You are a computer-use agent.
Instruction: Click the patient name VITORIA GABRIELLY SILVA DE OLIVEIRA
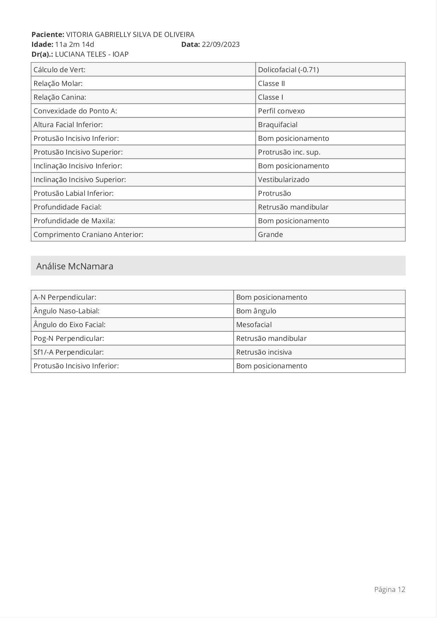[x=130, y=35]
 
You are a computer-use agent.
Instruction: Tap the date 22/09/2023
[x=221, y=44]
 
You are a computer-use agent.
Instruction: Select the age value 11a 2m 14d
[x=75, y=44]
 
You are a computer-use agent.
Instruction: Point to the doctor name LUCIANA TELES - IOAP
[x=92, y=54]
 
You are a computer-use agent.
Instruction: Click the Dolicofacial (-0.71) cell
[x=288, y=70]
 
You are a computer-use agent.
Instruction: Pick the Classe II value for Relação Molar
[x=271, y=83]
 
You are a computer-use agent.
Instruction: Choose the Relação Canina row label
[x=60, y=97]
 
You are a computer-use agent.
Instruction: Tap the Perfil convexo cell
[x=281, y=111]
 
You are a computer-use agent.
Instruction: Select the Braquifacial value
[x=278, y=125]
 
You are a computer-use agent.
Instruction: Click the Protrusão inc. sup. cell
[x=289, y=152]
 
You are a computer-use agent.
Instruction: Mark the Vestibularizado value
[x=284, y=180]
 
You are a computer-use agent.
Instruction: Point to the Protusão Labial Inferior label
[x=73, y=193]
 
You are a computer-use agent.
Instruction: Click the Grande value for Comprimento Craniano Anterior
[x=270, y=235]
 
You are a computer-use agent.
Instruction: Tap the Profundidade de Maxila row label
[x=74, y=221]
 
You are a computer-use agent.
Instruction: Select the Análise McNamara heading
[x=75, y=266]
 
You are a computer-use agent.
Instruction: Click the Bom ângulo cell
[x=256, y=311]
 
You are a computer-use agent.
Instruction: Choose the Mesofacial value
[x=254, y=325]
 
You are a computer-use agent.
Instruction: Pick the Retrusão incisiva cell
[x=264, y=352]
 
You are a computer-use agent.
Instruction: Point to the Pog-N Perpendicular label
[x=69, y=338]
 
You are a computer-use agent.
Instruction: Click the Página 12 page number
[x=389, y=589]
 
